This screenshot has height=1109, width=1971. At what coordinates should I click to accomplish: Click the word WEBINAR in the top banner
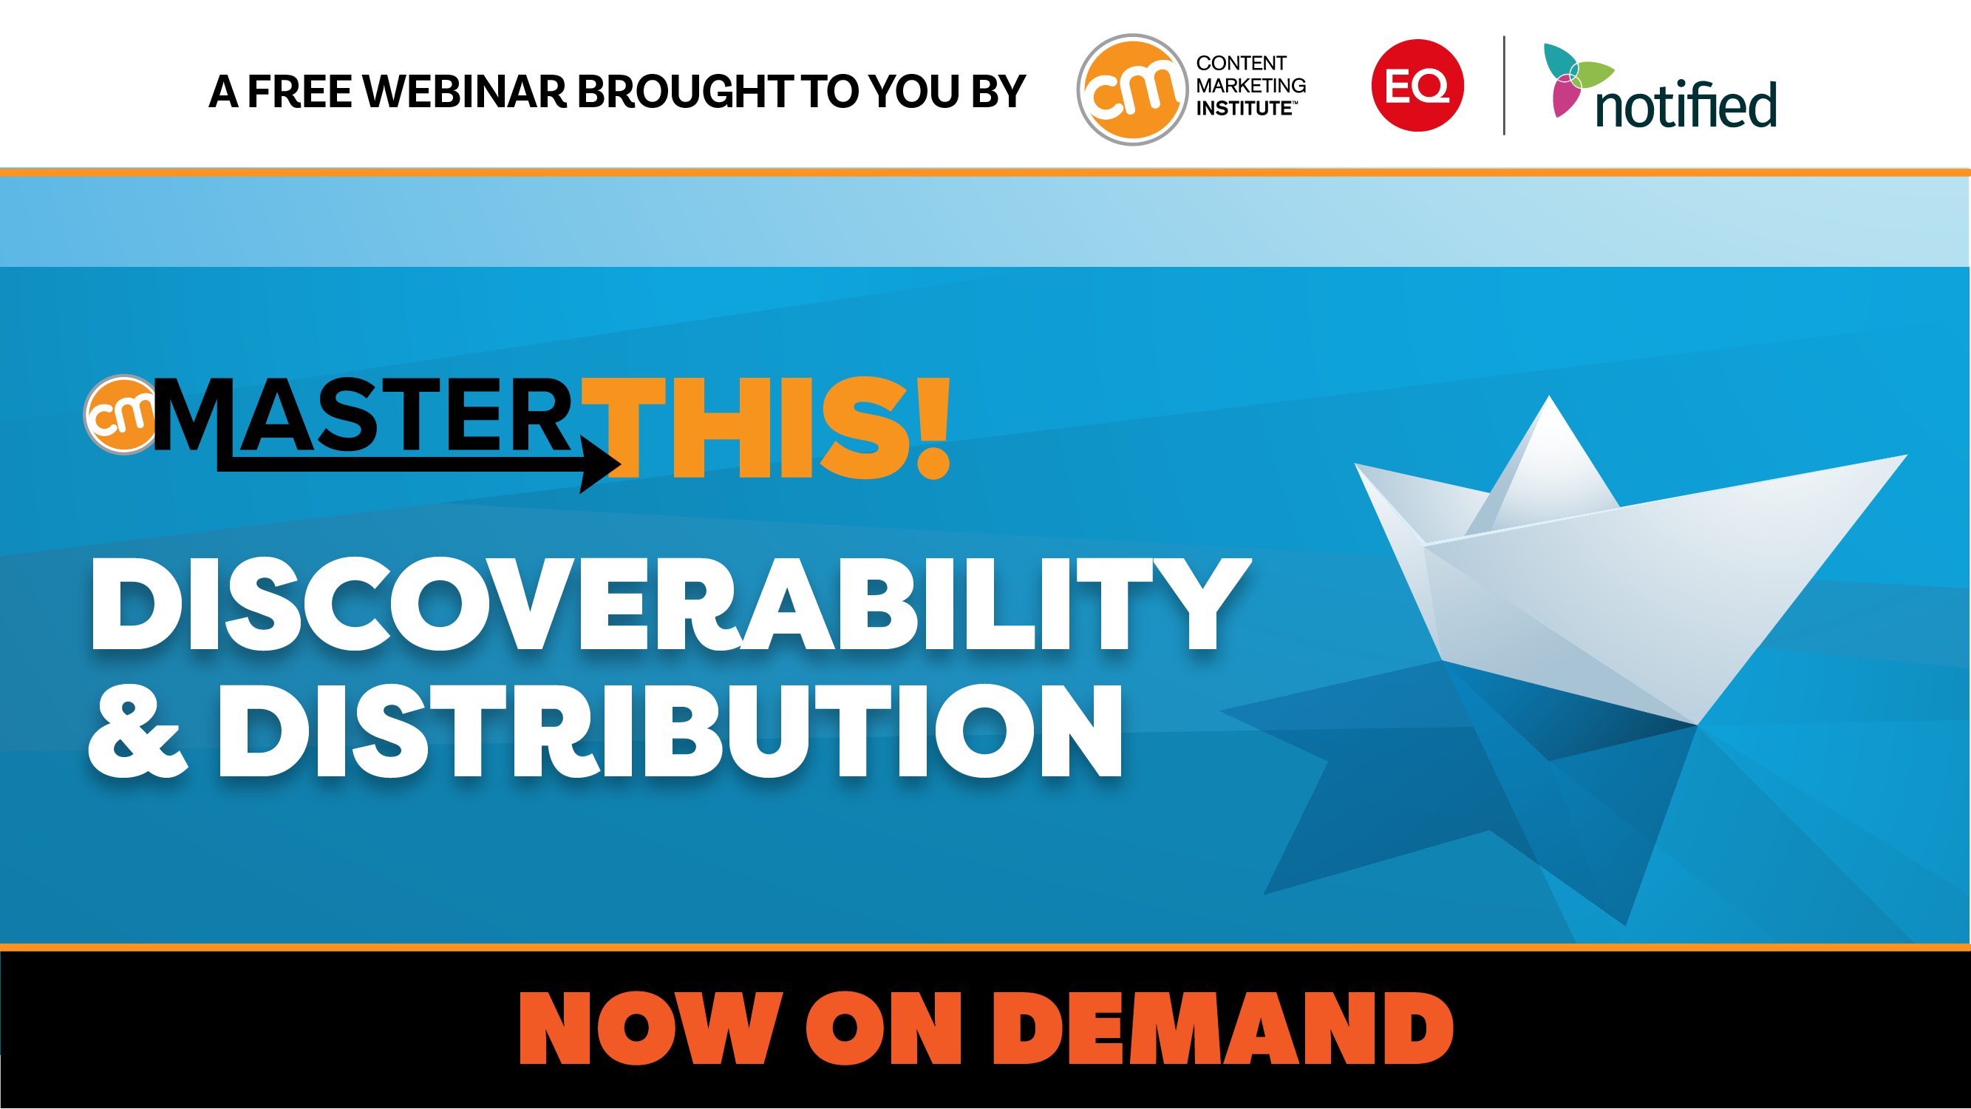(463, 92)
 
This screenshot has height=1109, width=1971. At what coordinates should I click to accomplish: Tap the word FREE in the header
(299, 92)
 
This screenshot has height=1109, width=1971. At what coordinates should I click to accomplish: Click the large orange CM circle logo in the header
(1131, 89)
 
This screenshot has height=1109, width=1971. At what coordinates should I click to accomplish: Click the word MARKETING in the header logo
(1251, 86)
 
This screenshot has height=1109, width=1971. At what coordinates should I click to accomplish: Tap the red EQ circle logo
(1417, 85)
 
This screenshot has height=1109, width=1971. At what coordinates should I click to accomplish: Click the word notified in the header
(1685, 105)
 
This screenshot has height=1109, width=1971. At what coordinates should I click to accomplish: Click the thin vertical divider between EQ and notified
(1504, 85)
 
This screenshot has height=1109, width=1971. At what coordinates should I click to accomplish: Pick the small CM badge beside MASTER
(121, 415)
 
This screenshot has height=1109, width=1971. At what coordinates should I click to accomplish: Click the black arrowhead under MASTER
(599, 464)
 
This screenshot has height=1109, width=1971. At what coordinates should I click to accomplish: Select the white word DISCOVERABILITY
(670, 605)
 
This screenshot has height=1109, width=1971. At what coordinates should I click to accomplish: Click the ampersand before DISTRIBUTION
(137, 731)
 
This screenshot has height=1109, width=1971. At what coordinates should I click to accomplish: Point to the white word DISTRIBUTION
(670, 731)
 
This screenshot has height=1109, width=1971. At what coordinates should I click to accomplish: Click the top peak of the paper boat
(1550, 398)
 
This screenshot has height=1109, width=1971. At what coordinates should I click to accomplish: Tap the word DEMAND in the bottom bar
(1222, 1028)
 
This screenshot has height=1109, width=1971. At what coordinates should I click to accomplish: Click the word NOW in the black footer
(650, 1028)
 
